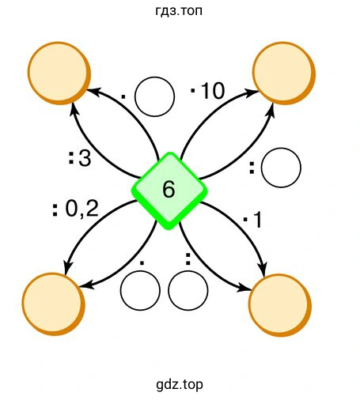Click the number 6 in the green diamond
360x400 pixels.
tap(169, 190)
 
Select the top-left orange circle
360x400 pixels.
tap(59, 73)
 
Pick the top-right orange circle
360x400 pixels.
tap(284, 73)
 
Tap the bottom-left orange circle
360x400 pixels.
tap(54, 304)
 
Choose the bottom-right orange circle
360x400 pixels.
tap(280, 305)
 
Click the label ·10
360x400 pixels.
tap(207, 91)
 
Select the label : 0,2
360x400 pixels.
tap(75, 209)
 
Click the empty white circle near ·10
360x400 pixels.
tap(154, 96)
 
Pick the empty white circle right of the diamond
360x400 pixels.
tap(281, 168)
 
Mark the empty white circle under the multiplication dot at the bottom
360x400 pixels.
tap(140, 290)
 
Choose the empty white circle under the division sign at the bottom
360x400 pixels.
tap(188, 290)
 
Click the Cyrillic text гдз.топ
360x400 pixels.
tap(179, 11)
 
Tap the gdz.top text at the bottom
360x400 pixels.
tap(180, 385)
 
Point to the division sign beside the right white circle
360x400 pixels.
tap(252, 168)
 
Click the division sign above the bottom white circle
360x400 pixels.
tap(188, 258)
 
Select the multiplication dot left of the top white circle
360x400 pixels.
tap(123, 96)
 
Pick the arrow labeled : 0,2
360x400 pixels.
tap(87, 224)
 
